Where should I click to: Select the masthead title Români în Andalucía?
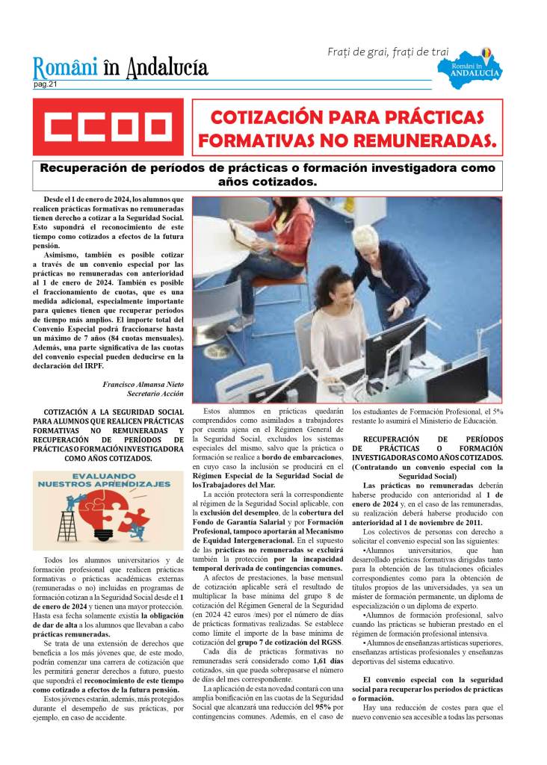pyautogui.click(x=120, y=69)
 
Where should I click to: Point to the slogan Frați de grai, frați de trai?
pyautogui.click(x=388, y=52)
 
